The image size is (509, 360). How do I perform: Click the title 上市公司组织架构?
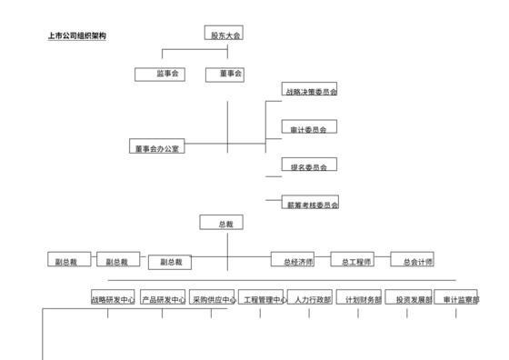(77, 37)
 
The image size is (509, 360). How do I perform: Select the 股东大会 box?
(225, 35)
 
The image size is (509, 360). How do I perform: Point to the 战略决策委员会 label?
(310, 92)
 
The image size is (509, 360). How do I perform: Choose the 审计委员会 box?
(304, 129)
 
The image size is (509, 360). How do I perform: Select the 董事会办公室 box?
(156, 147)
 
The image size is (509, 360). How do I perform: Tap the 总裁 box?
(225, 223)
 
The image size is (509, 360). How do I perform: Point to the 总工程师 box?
(357, 261)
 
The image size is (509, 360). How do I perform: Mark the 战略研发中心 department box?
(114, 298)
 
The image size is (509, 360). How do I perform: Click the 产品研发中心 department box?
(163, 298)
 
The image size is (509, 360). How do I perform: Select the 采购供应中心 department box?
(213, 298)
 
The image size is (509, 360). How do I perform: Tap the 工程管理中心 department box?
(264, 298)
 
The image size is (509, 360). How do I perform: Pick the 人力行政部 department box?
(313, 298)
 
